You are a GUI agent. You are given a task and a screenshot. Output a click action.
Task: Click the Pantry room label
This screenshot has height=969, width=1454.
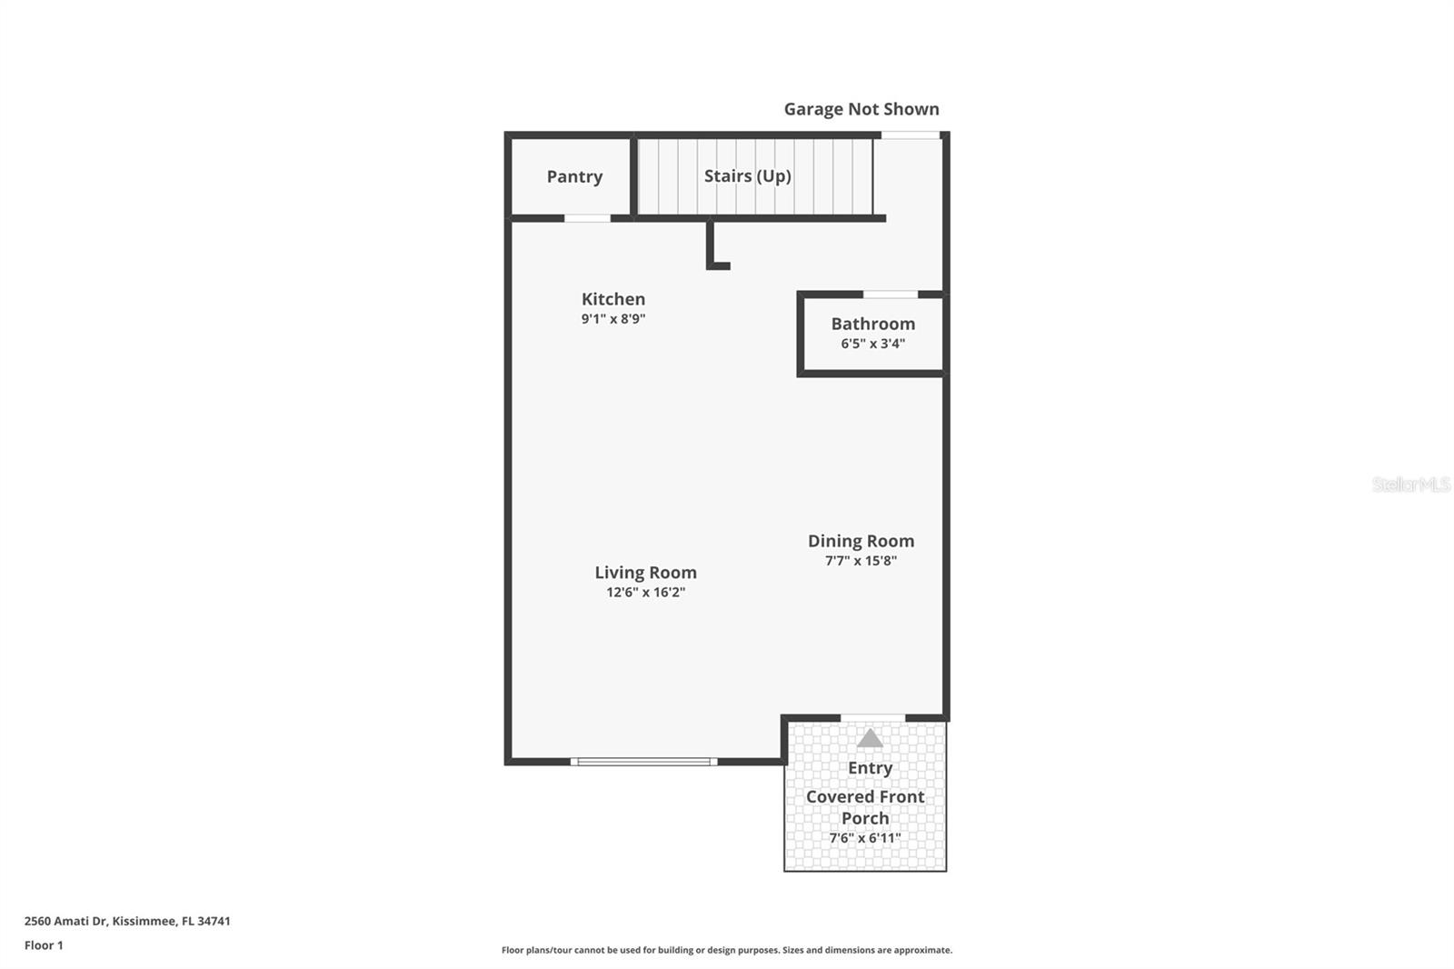[574, 176]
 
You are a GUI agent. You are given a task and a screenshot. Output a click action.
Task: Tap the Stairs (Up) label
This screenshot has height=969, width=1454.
[748, 176]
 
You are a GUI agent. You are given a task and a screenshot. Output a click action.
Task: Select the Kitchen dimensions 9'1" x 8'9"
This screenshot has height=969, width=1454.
[613, 319]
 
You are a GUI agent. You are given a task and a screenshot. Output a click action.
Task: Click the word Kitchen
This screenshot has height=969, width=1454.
[613, 299]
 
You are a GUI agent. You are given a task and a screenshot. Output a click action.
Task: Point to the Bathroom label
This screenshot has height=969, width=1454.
[873, 324]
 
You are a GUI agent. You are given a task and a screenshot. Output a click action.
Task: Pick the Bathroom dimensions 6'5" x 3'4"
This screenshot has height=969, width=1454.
[873, 344]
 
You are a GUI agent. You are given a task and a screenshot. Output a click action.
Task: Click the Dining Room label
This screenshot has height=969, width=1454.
[861, 541]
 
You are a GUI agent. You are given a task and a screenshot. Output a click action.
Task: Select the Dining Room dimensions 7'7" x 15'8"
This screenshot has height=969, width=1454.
[861, 561]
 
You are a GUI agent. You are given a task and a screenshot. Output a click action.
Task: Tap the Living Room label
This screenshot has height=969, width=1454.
[646, 572]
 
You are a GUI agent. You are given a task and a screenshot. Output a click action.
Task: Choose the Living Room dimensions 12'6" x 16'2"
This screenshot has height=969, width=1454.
[646, 593]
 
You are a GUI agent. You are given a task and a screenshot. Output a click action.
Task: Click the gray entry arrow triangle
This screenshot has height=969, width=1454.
[870, 738]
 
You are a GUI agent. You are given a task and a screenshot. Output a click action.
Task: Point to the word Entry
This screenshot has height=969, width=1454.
[871, 768]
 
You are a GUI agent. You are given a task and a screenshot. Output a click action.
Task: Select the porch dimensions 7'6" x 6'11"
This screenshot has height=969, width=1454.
[865, 838]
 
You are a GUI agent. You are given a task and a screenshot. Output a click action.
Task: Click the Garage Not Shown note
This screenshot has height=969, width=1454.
[861, 109]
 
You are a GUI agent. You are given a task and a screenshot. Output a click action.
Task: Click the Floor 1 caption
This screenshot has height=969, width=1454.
[45, 945]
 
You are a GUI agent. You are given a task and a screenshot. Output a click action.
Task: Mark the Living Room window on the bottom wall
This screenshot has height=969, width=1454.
[644, 762]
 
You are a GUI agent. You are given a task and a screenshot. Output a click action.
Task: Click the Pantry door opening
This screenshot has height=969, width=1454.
[587, 218]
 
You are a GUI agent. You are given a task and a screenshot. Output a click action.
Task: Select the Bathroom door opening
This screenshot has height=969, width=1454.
[891, 295]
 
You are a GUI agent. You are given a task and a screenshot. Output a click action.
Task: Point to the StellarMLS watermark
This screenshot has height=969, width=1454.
[1411, 484]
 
